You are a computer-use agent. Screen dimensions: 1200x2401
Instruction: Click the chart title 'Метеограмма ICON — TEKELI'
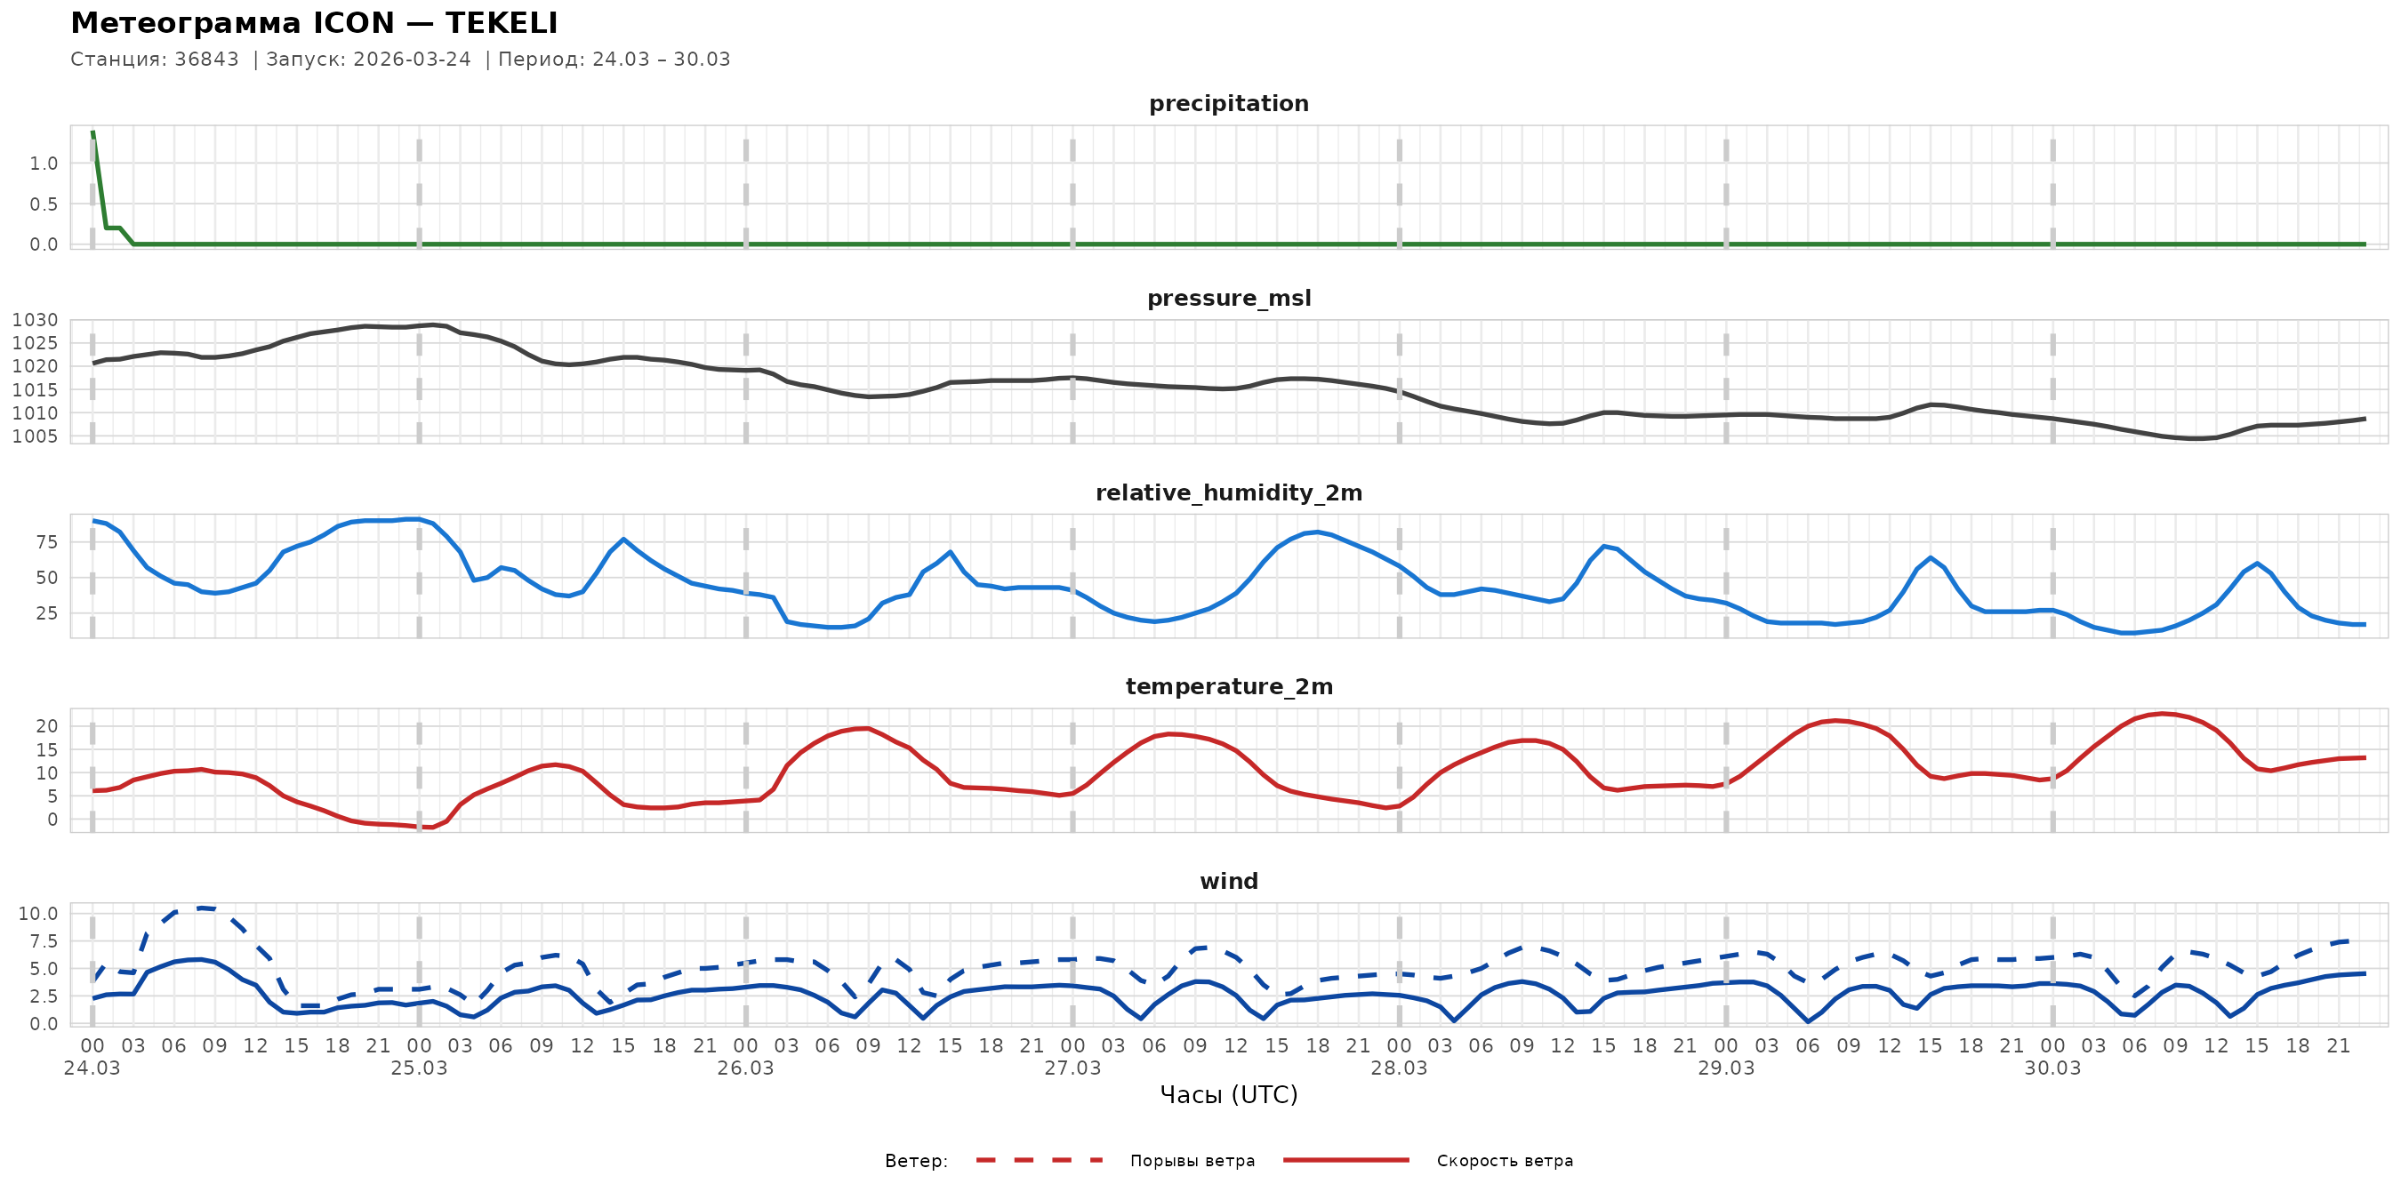click(x=314, y=23)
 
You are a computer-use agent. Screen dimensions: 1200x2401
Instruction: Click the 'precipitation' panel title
click(x=1228, y=103)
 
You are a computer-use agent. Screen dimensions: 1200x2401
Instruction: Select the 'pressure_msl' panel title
click(x=1228, y=298)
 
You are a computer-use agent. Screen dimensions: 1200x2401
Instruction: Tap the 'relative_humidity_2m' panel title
click(x=1228, y=492)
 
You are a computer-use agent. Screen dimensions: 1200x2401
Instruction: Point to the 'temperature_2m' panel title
click(x=1228, y=686)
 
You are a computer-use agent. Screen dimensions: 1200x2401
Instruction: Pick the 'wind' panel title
click(x=1228, y=882)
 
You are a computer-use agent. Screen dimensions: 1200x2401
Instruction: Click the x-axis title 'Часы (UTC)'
click(x=1228, y=1095)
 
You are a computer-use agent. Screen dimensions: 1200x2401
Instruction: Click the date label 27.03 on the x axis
click(x=1072, y=1068)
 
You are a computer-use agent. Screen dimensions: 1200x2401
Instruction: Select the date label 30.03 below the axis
click(x=2052, y=1068)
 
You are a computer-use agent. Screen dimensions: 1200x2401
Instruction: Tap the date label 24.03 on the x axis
click(x=92, y=1068)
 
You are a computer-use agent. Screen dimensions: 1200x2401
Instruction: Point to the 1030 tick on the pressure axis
click(x=35, y=321)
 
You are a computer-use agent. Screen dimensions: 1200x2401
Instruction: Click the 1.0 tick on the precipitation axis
click(x=43, y=164)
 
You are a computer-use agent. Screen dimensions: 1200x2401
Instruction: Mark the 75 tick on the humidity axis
click(x=46, y=542)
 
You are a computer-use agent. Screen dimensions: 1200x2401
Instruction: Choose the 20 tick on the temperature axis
click(x=46, y=725)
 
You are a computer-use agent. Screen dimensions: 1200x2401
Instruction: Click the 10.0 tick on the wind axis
click(x=37, y=914)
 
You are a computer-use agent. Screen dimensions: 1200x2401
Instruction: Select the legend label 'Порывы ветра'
click(x=1192, y=1161)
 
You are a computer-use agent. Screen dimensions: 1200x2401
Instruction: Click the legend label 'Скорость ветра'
click(x=1505, y=1161)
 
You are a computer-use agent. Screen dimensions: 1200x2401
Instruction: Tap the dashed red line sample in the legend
click(x=1040, y=1160)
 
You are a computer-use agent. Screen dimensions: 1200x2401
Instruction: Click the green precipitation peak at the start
click(x=93, y=135)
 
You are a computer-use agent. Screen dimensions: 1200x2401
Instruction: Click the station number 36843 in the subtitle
click(x=206, y=60)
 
